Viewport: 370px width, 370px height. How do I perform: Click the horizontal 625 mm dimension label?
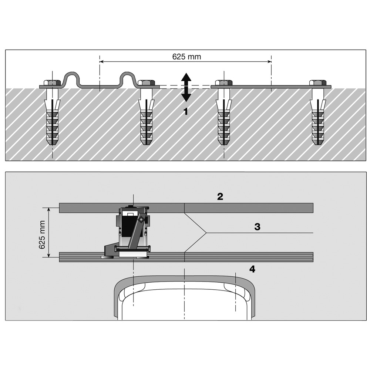pos(187,57)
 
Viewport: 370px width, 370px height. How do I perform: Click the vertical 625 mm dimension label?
pos(42,235)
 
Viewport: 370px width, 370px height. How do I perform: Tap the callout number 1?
pos(186,111)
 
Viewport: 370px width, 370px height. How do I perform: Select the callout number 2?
pos(220,196)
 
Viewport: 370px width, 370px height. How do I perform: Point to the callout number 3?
pos(258,227)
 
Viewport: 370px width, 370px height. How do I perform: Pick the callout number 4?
pos(252,269)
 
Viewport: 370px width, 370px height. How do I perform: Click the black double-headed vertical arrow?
pos(186,87)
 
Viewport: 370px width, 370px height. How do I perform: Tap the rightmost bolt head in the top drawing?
pos(318,83)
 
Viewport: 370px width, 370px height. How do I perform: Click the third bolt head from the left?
pos(223,83)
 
